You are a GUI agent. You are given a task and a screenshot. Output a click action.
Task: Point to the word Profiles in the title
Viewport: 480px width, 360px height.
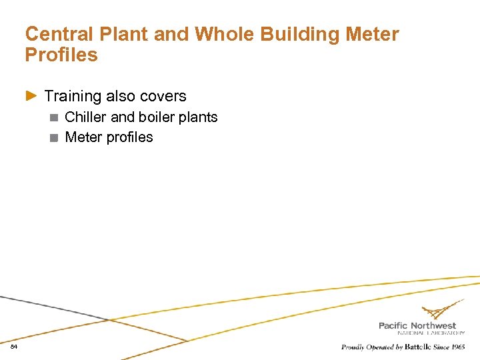(61, 55)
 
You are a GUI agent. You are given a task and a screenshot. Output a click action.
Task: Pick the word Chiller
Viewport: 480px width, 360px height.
(86, 117)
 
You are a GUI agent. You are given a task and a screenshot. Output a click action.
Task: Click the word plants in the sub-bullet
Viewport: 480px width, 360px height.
(199, 117)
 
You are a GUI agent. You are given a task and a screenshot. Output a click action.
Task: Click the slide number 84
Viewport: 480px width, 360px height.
(13, 347)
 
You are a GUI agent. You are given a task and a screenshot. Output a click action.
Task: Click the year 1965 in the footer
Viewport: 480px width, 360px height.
(457, 347)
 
